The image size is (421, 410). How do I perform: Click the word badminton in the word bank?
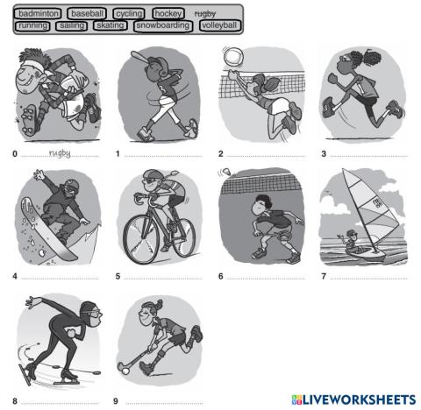coord(38,14)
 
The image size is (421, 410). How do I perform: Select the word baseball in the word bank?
coord(88,14)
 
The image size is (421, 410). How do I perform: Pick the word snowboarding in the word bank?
coord(164,26)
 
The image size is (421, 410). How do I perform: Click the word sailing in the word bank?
coord(72,26)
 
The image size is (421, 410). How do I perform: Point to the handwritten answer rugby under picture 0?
coord(60,153)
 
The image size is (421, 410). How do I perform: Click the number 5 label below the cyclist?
coord(118,277)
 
